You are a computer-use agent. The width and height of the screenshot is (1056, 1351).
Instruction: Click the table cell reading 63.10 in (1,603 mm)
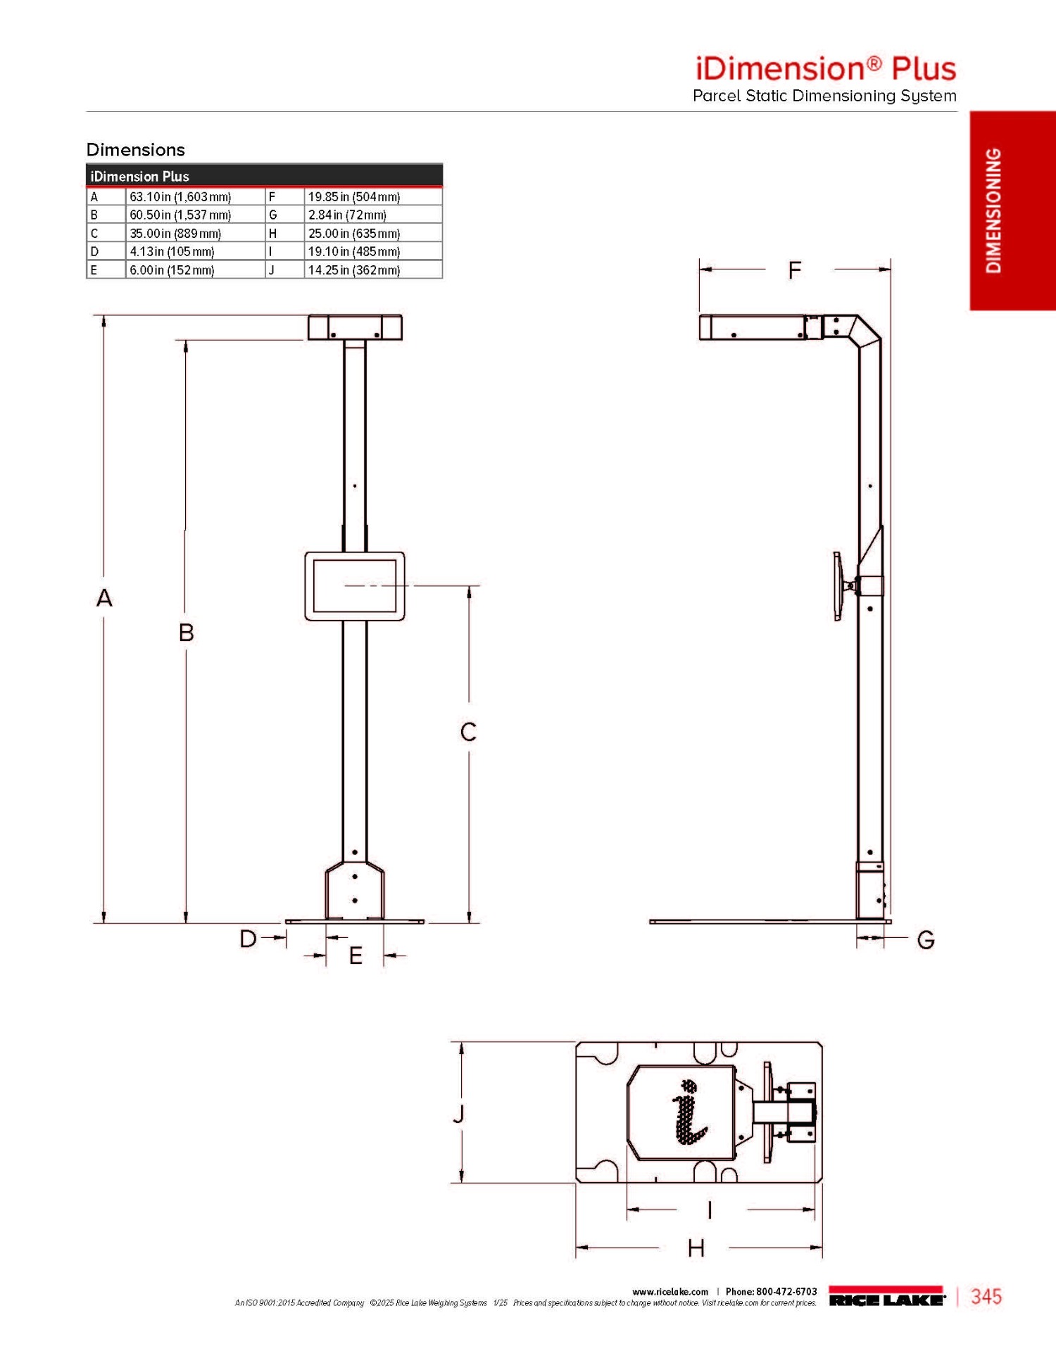195,197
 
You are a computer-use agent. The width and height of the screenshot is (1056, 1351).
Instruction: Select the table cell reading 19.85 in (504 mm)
373,197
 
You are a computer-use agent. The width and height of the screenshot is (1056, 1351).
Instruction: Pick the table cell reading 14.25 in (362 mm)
373,269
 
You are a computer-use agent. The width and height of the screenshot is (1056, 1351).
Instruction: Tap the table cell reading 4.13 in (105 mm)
195,251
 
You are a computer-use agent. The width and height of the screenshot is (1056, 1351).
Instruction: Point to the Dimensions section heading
136,150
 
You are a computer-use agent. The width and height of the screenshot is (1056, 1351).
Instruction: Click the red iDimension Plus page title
826,68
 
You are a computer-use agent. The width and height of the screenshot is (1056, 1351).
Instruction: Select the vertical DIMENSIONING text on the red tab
993,210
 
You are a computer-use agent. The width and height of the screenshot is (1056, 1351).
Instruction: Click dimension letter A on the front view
104,598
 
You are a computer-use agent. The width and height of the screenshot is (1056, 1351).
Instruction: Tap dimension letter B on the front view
186,633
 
